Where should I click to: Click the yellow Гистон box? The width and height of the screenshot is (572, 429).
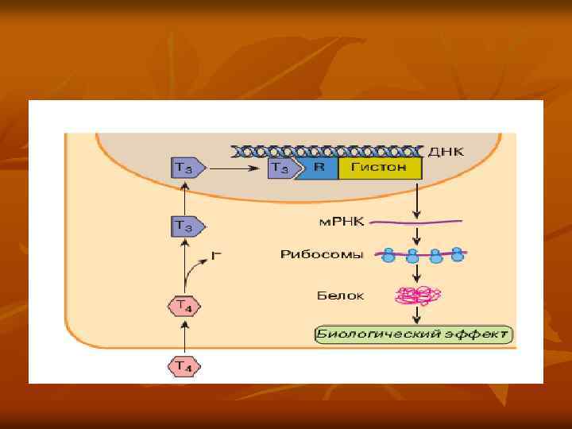pyautogui.click(x=380, y=168)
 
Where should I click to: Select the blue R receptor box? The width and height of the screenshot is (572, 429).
pyautogui.click(x=317, y=168)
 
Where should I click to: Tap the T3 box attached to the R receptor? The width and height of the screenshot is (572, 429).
pyautogui.click(x=280, y=168)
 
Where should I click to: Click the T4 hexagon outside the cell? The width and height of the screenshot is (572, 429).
pyautogui.click(x=184, y=366)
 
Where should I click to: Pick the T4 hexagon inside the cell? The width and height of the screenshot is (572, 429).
pyautogui.click(x=184, y=305)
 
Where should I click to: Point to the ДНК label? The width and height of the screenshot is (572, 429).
pyautogui.click(x=446, y=150)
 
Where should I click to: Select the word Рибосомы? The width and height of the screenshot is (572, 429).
pyautogui.click(x=334, y=254)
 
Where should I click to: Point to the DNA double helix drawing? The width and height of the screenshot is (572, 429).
pyautogui.click(x=325, y=150)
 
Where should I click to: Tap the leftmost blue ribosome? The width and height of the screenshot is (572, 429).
pyautogui.click(x=389, y=255)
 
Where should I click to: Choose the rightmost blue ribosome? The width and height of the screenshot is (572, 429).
pyautogui.click(x=458, y=254)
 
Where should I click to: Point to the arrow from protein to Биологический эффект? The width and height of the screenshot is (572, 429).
pyautogui.click(x=416, y=315)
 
